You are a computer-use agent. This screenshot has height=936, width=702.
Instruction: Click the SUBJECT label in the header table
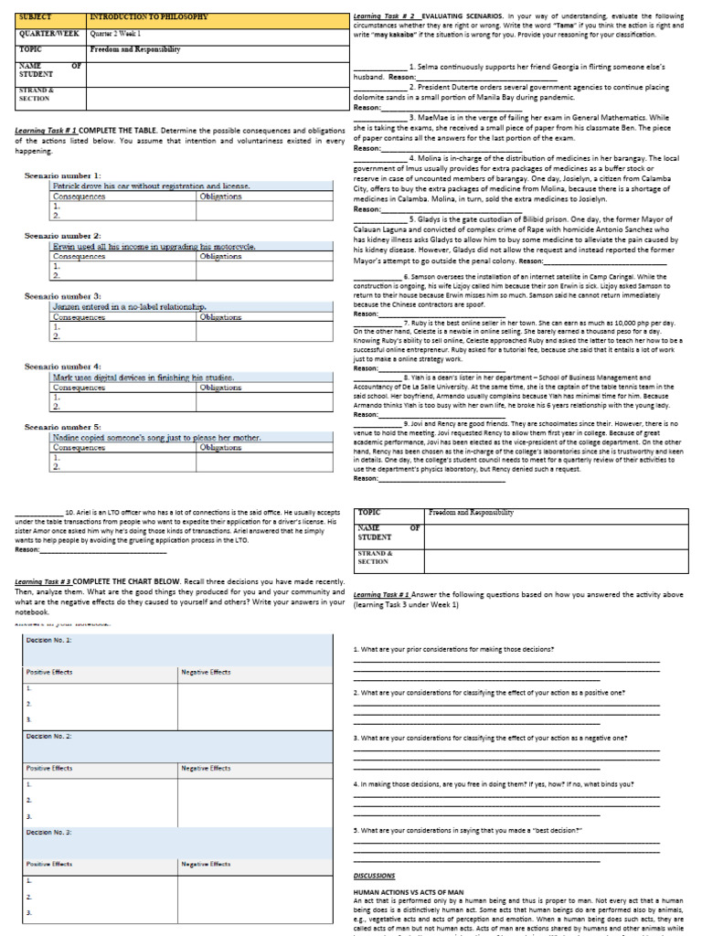(35, 17)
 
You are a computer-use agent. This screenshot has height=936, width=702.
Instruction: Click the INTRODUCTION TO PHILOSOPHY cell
(149, 17)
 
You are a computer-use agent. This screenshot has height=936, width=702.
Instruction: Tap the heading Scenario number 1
(64, 175)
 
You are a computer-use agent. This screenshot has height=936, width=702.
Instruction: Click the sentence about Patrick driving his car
(151, 186)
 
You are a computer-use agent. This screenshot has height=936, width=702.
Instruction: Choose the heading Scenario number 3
(64, 296)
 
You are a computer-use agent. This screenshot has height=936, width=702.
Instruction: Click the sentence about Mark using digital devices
(144, 378)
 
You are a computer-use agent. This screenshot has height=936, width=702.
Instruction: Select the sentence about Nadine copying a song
(156, 438)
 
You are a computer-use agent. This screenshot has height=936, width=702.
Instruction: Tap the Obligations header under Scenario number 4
(220, 388)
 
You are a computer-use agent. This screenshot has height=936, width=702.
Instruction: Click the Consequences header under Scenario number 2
(80, 257)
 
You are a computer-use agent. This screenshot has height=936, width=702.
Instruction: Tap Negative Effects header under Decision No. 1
(206, 672)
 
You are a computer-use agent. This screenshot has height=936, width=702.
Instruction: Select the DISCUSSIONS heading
(374, 876)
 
